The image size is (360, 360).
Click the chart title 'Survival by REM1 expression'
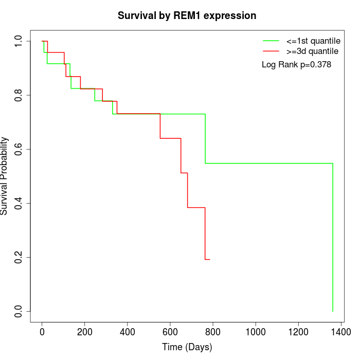187,15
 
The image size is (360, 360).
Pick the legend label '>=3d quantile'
312,51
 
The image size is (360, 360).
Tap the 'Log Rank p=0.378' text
296,65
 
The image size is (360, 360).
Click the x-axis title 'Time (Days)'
187,347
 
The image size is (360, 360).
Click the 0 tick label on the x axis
42,332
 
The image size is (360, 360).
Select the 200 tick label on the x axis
85,332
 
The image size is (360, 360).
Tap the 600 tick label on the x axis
170,332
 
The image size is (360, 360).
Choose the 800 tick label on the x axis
213,332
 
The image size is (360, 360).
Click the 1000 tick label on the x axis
256,332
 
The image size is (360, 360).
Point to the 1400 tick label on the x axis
340,332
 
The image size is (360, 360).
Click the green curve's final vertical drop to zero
333,237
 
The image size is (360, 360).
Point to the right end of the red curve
209,259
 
